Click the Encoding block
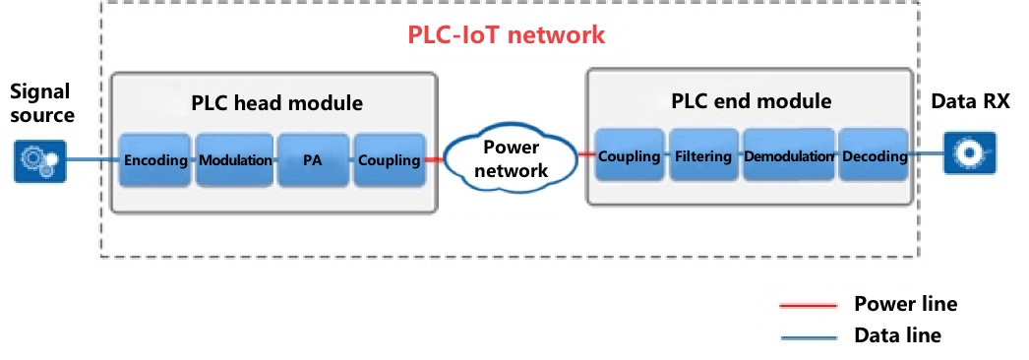156,158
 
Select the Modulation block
234,158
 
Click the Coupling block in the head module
389,158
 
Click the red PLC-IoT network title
506,36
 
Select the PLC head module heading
276,102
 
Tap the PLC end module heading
751,100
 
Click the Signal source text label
41,103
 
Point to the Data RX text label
969,102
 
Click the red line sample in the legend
808,305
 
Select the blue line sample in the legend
808,336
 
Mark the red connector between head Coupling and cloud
434,159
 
